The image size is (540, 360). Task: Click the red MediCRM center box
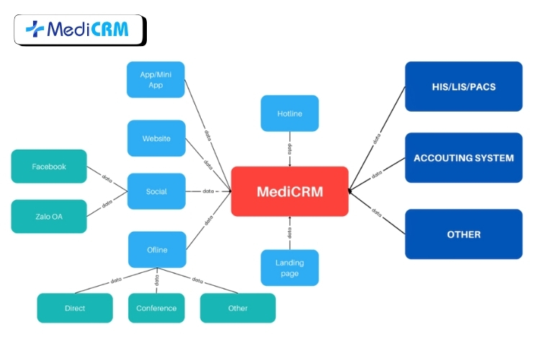point(289,192)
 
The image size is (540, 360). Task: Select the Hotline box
point(289,113)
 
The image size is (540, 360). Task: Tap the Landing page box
point(289,268)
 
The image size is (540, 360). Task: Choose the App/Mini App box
point(156,79)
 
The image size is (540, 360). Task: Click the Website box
point(156,138)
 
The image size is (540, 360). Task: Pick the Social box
point(156,192)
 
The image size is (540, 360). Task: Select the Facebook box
point(49,166)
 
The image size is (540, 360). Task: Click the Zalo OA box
point(49,216)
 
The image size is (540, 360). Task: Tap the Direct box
point(75,308)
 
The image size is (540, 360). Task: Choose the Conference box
point(156,308)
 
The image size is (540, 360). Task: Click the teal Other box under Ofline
point(238,308)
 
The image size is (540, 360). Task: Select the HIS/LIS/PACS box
point(464,86)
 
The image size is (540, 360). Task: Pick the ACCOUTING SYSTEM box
point(464,158)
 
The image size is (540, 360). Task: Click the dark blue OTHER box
point(464,234)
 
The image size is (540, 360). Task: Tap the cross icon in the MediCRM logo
point(34,29)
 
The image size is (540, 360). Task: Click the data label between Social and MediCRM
point(208,192)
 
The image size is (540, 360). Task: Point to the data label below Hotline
point(289,150)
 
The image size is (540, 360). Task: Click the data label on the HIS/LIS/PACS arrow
point(377,139)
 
